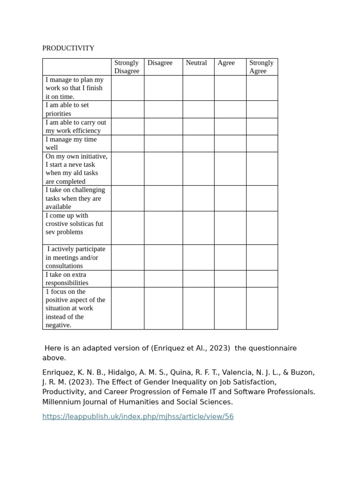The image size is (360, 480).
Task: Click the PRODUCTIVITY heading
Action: (x=68, y=48)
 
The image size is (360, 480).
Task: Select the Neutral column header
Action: (x=196, y=63)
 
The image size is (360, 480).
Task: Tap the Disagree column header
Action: (x=160, y=63)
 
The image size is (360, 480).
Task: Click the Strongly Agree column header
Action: (x=261, y=67)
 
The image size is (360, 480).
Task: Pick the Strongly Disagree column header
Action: (x=127, y=67)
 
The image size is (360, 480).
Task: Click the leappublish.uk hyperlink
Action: (x=138, y=416)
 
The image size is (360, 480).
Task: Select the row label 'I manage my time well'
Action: (x=71, y=143)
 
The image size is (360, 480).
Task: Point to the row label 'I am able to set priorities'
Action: (x=67, y=109)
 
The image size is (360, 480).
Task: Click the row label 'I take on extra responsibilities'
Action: (x=67, y=279)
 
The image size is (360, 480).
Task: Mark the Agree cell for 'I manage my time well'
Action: (x=230, y=143)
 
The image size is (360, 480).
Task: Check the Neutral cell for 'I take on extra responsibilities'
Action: (x=198, y=279)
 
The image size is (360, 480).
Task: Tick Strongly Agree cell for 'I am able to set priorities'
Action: (x=262, y=109)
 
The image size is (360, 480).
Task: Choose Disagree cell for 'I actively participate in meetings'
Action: (x=163, y=257)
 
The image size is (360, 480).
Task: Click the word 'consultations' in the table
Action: (x=64, y=266)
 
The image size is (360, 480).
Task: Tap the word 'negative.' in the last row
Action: (x=59, y=325)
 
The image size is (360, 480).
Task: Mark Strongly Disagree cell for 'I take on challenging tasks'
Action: (x=127, y=198)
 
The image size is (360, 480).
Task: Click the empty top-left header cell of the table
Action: (x=77, y=67)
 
